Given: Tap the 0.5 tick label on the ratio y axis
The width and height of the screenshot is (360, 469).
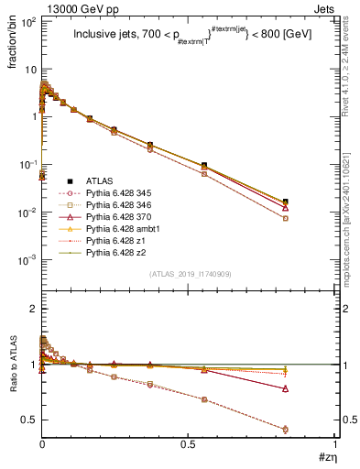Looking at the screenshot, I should (x=27, y=420).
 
